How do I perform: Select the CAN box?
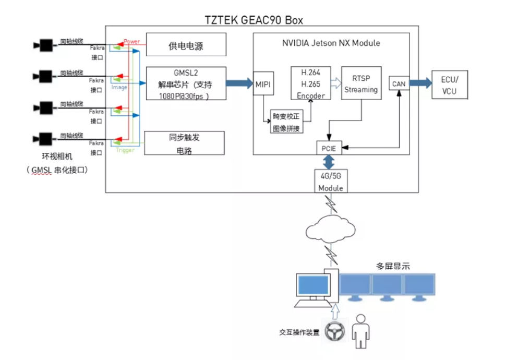399,83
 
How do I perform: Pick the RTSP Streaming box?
361,83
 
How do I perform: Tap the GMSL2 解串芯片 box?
186,83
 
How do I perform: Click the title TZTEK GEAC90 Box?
254,20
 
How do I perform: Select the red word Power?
132,41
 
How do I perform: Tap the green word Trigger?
125,150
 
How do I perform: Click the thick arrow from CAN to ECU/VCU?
420,83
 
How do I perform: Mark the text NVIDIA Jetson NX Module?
331,43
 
